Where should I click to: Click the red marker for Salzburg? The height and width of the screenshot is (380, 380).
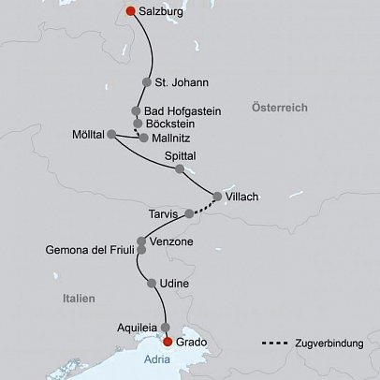tap(130, 12)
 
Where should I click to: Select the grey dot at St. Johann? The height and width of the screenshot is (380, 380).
tap(146, 80)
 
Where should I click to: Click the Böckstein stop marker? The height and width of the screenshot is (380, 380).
tap(138, 123)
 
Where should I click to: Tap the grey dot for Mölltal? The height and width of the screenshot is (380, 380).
tap(111, 134)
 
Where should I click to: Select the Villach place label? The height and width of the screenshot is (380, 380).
tap(241, 197)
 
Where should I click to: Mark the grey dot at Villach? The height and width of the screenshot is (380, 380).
tap(217, 197)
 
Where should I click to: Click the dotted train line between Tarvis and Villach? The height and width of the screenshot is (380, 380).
tap(204, 206)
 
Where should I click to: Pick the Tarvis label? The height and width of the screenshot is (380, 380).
tap(163, 213)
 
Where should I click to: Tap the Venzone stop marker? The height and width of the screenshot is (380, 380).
tap(143, 241)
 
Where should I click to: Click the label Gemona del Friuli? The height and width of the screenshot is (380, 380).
tap(90, 250)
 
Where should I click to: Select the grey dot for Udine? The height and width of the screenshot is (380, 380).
tap(152, 282)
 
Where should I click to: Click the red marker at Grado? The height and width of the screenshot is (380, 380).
tap(168, 343)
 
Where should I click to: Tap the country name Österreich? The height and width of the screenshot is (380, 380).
tap(280, 109)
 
